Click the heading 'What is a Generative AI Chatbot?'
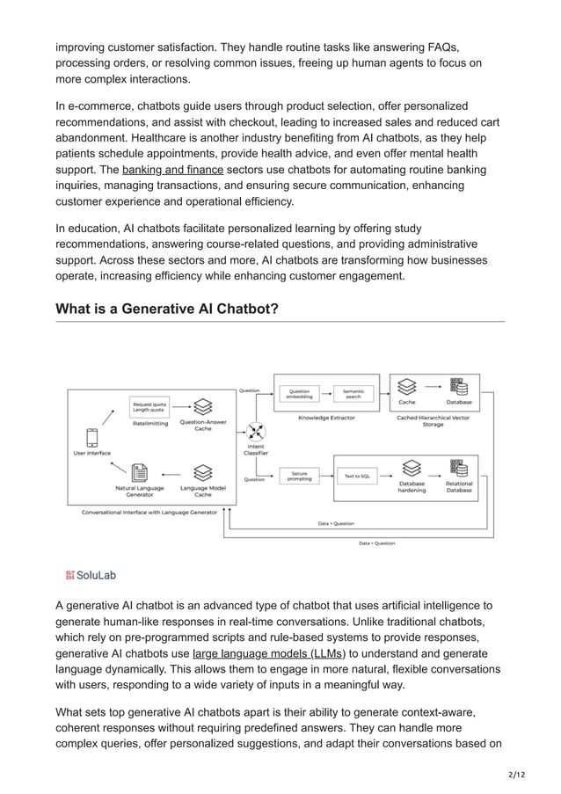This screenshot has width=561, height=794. coord(167,309)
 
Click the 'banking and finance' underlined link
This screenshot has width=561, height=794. coord(172,169)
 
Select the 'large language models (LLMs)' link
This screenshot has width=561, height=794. coord(269,653)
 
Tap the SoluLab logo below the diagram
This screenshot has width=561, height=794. coord(91,575)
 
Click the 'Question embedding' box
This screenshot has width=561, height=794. coord(299,395)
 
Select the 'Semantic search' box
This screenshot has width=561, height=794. coord(353,395)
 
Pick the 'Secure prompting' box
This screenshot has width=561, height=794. coord(299,476)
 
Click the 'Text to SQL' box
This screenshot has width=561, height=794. coord(356,476)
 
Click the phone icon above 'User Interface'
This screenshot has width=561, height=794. coord(91,436)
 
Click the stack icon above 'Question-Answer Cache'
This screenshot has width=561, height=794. coord(203,406)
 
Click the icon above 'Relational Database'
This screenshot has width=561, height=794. coord(457,467)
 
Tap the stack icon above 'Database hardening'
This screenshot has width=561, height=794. coord(409,468)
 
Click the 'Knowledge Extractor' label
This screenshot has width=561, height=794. coord(326,418)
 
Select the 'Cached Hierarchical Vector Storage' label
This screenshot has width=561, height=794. coord(433,421)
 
